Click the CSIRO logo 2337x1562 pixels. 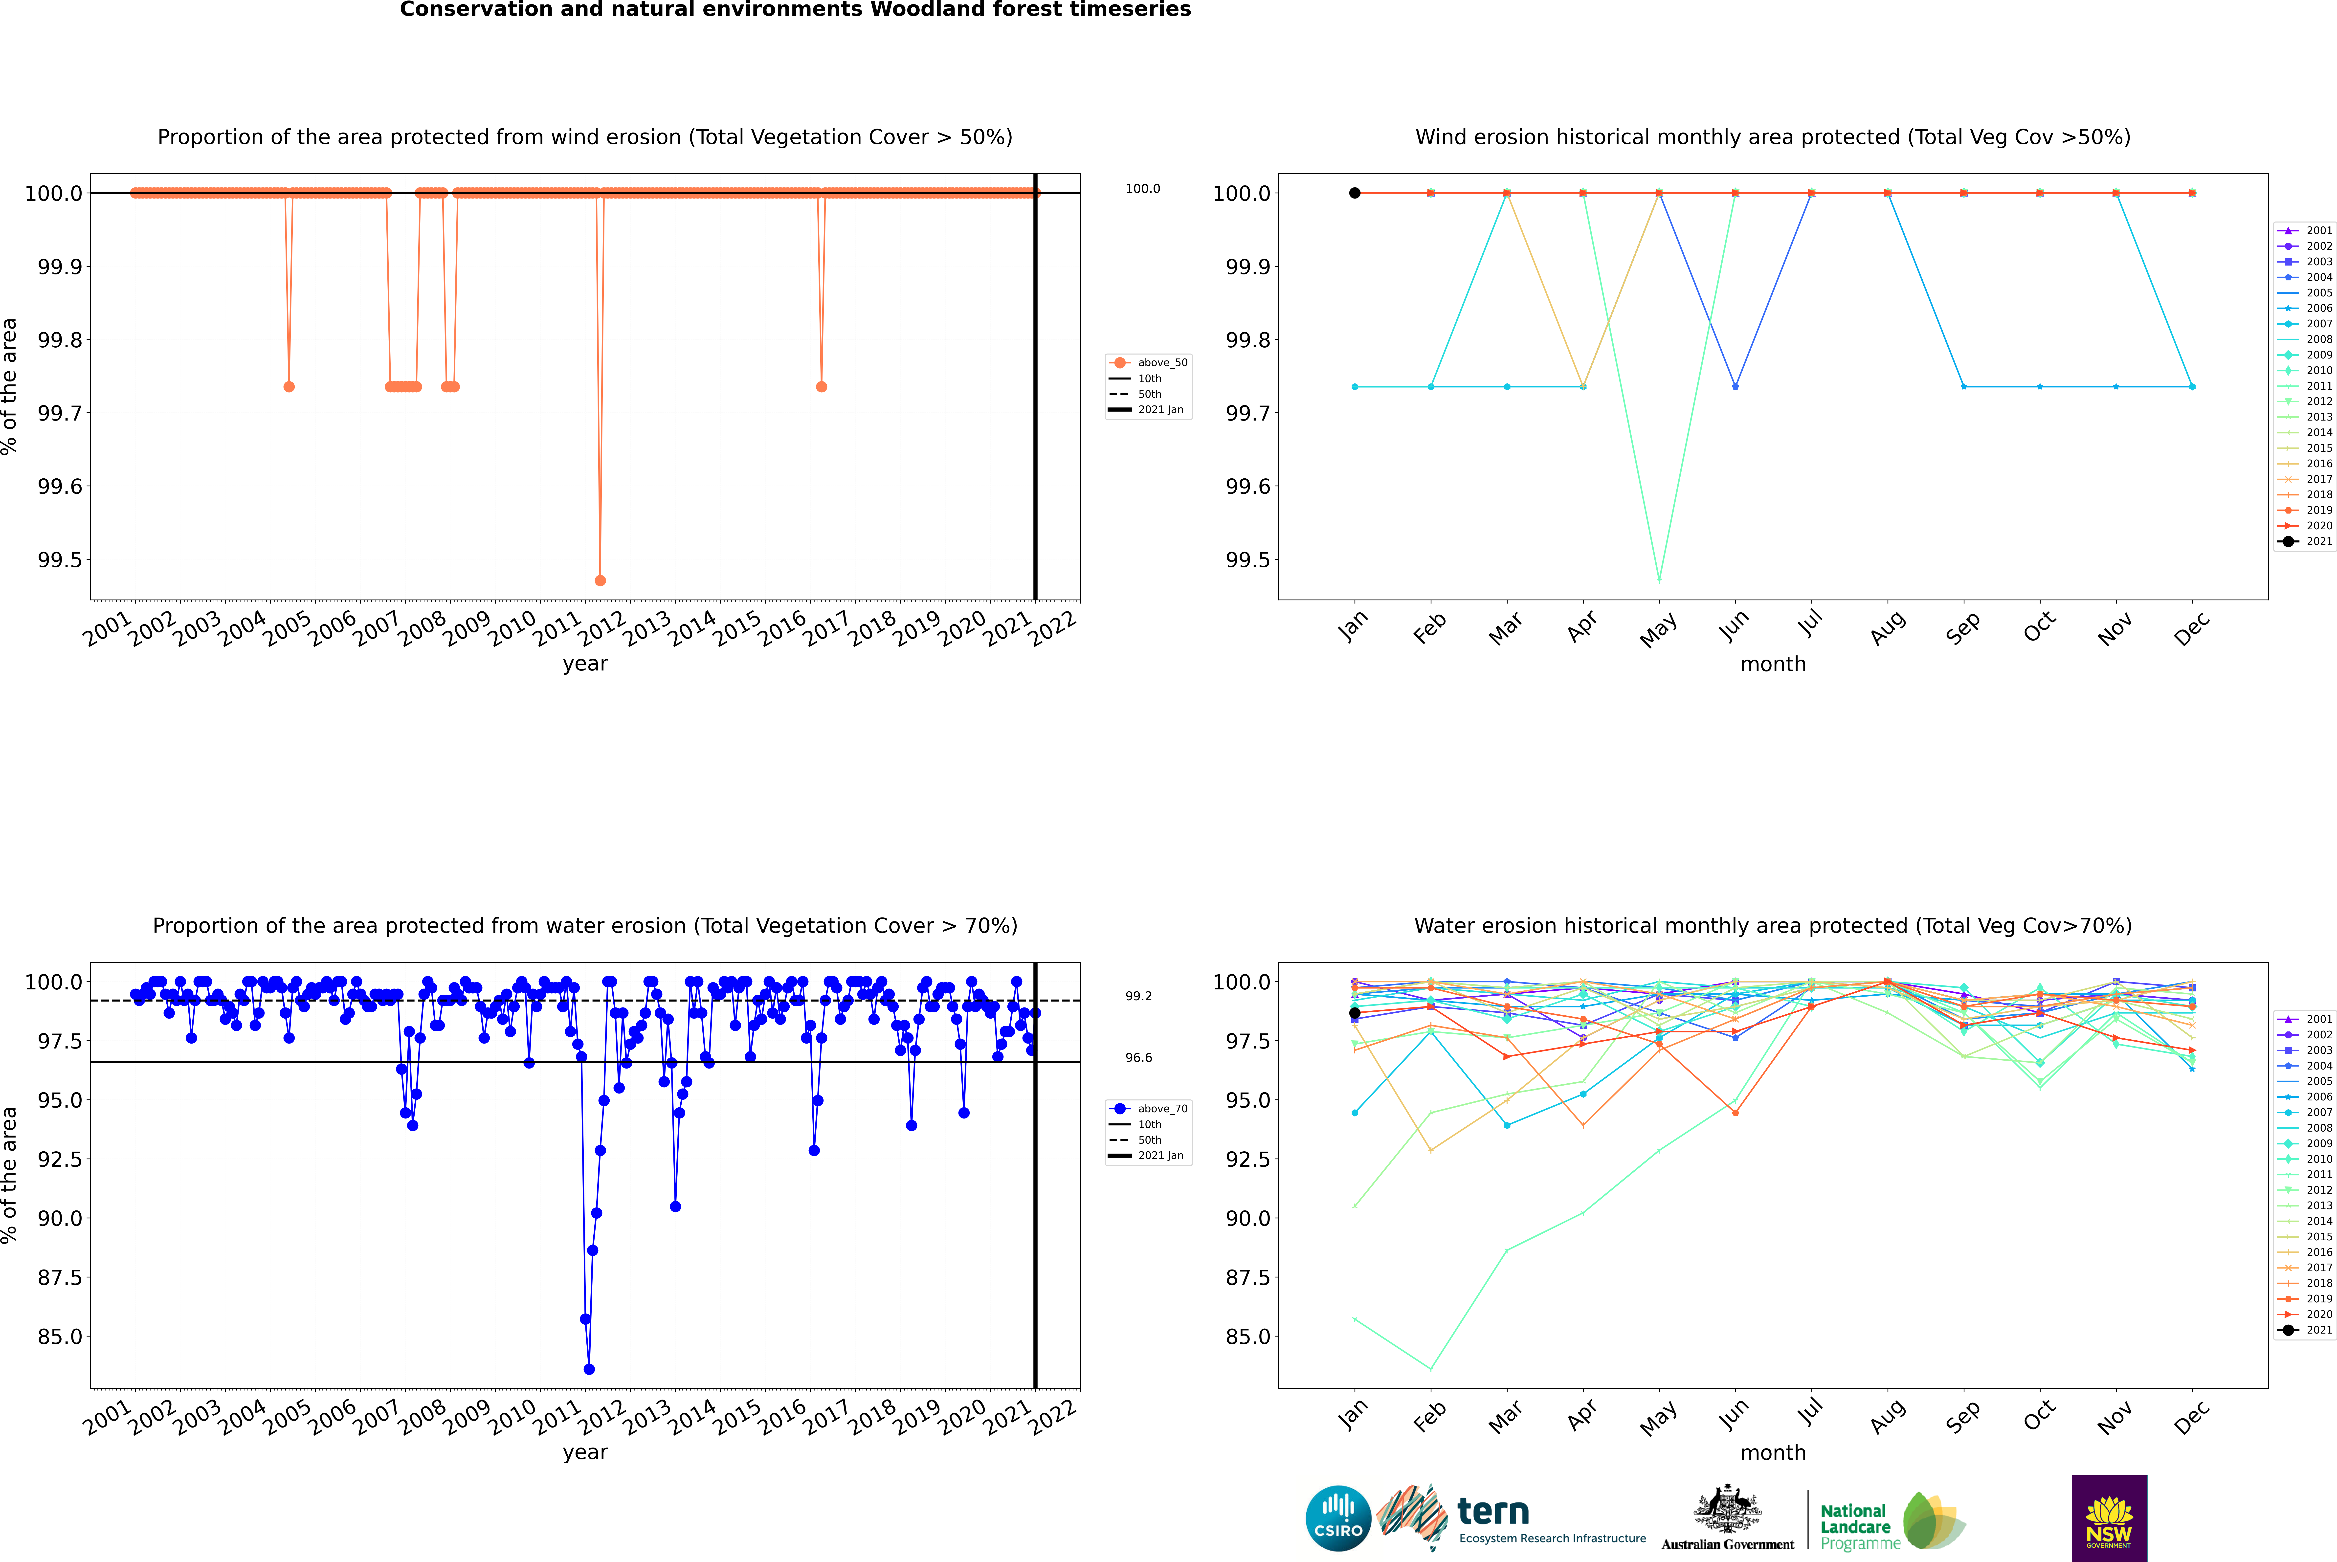click(x=1338, y=1518)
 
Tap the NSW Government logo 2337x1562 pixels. click(x=2109, y=1518)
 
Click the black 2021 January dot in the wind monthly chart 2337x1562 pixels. click(x=1355, y=193)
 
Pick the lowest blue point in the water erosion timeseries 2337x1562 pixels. click(x=589, y=1369)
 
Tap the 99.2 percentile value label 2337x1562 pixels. click(x=1139, y=996)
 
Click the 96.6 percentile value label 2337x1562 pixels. click(x=1139, y=1058)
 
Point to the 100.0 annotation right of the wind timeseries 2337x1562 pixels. click(x=1143, y=188)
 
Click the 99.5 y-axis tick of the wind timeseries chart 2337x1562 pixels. click(x=60, y=560)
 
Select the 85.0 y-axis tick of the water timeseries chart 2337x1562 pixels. click(x=60, y=1336)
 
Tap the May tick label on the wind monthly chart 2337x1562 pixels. click(x=1658, y=630)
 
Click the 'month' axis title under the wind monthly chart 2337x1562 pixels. click(x=1772, y=665)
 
